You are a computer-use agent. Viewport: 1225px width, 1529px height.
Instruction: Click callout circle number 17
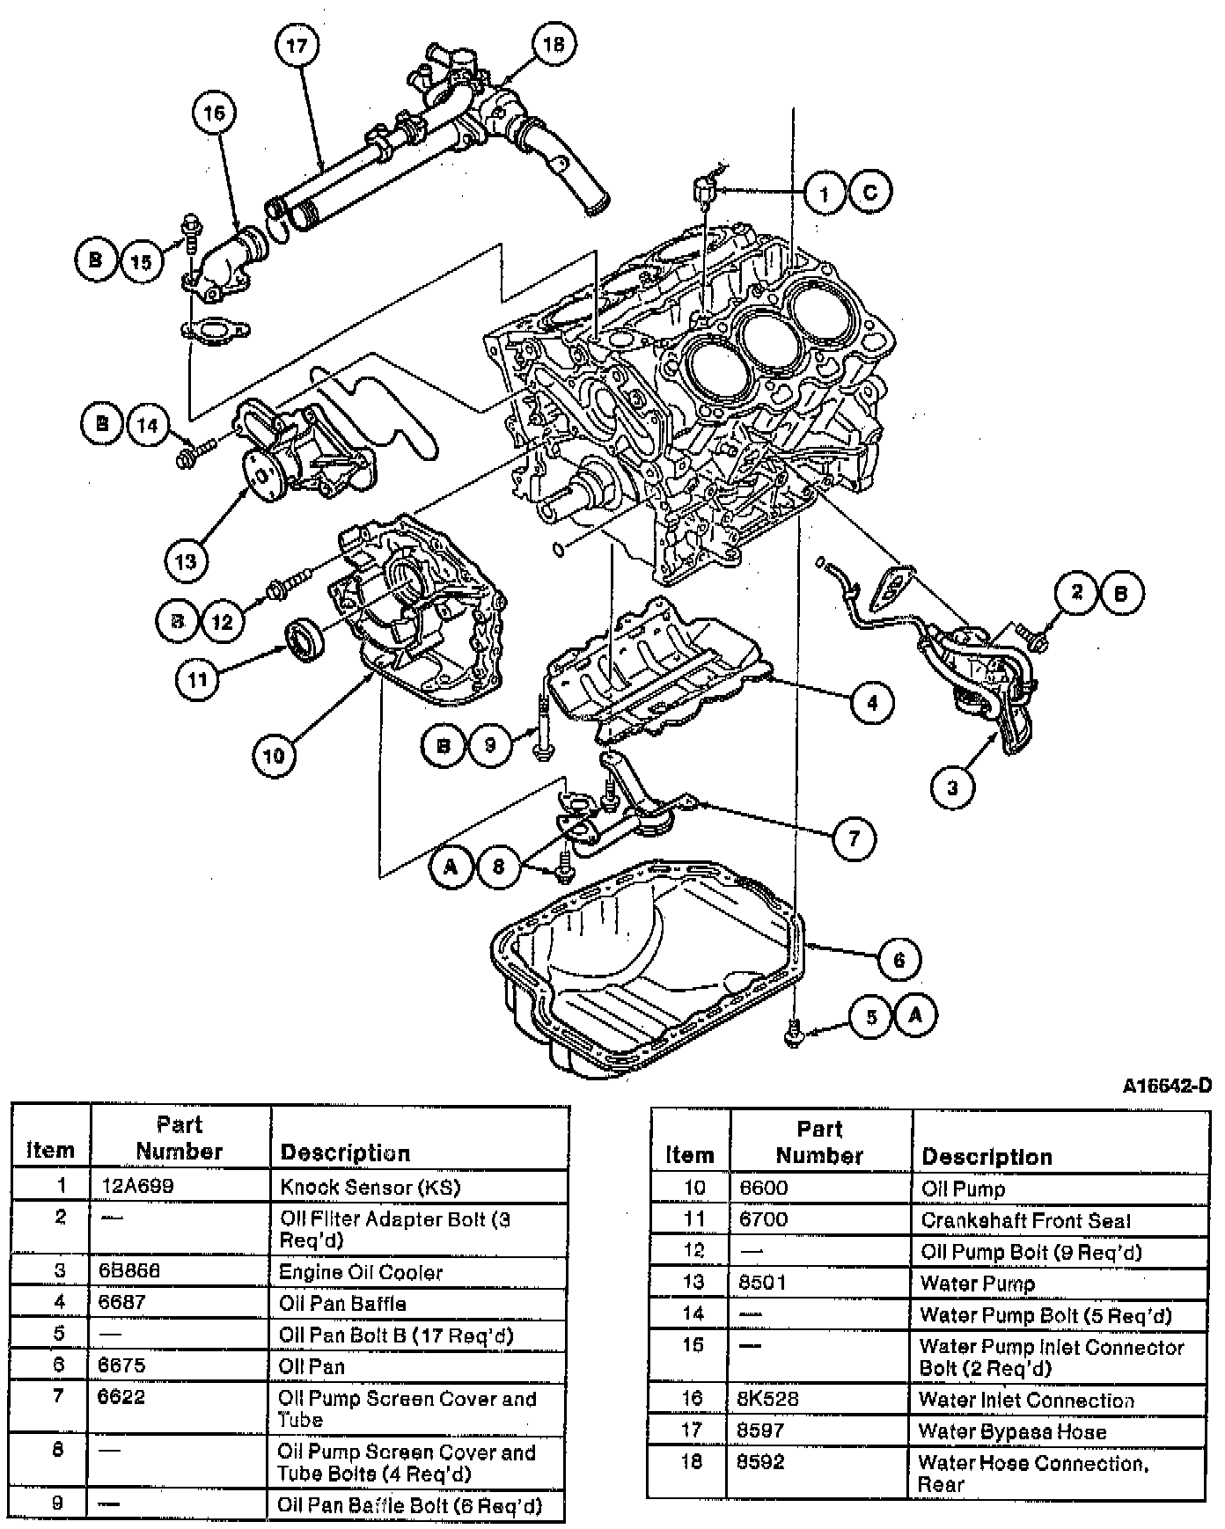297,45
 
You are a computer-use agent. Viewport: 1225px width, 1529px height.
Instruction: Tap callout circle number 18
554,42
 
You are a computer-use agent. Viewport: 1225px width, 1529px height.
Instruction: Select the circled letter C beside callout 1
869,193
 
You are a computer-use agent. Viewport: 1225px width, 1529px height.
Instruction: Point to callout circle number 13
187,560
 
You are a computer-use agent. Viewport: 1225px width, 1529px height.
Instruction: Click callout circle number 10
274,755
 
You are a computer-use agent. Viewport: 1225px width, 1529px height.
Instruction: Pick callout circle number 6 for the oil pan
899,959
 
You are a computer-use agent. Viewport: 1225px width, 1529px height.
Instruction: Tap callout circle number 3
952,786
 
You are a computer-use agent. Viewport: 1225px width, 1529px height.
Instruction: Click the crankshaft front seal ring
304,639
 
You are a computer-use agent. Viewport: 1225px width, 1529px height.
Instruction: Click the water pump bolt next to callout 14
194,455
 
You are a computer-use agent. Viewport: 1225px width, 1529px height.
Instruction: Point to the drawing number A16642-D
1166,1086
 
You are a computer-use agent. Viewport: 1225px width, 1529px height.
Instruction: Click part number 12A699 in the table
136,1186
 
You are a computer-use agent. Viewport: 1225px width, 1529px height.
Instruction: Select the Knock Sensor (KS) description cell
370,1187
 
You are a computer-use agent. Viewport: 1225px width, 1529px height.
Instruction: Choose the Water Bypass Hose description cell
1012,1431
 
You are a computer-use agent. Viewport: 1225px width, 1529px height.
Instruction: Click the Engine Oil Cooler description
361,1272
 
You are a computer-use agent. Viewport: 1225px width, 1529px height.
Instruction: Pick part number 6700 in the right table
763,1219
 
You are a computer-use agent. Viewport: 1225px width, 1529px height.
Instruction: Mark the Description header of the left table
345,1152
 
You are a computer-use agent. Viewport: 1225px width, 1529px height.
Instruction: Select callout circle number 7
853,838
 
